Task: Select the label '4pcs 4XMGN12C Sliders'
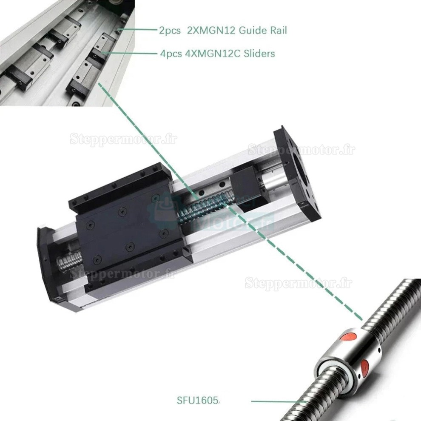pyautogui.click(x=217, y=54)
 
